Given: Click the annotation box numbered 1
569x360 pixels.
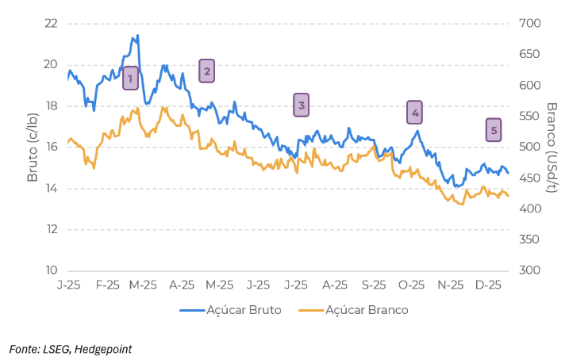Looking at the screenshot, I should click(x=130, y=78).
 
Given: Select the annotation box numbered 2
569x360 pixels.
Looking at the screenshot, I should click(x=206, y=71).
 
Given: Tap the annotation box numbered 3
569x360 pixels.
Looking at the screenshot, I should click(x=301, y=105).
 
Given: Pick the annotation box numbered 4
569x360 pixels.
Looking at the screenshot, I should click(x=414, y=113).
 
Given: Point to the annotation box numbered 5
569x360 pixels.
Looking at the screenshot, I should click(x=494, y=130).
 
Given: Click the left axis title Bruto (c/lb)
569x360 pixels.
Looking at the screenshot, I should click(x=33, y=146).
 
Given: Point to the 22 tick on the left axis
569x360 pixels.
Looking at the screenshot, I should click(x=52, y=23).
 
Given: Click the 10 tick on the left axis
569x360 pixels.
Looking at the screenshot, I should click(x=52, y=270).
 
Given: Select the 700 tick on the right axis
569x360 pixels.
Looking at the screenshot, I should click(x=529, y=23).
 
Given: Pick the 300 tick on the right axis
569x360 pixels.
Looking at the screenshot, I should click(x=529, y=270).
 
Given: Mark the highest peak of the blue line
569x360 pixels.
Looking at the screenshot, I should click(x=137, y=36).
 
